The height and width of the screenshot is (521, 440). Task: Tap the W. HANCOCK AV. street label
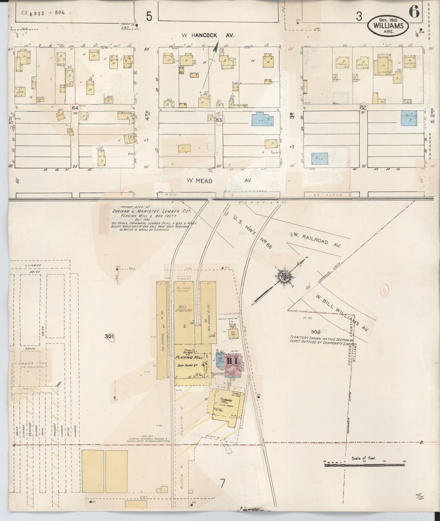(x=208, y=35)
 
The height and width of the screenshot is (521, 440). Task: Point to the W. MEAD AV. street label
(x=218, y=181)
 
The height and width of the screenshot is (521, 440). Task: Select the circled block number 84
(x=75, y=108)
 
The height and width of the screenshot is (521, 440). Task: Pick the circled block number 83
(x=219, y=120)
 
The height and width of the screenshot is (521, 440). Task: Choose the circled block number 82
(x=363, y=108)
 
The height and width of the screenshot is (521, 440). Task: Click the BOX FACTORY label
(x=185, y=308)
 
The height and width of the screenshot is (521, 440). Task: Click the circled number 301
(x=109, y=337)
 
